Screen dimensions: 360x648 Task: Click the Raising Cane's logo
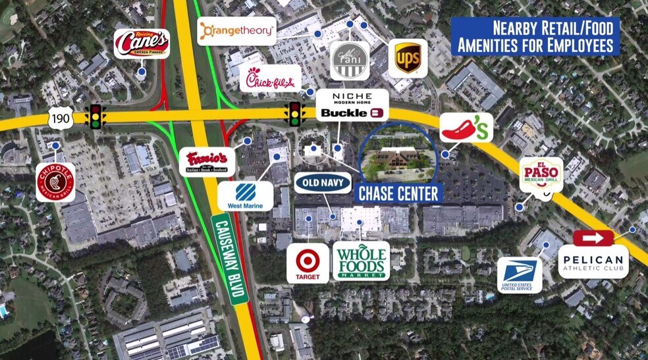142,43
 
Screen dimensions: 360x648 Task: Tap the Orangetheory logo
237,31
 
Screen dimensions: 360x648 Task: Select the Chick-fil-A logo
270,79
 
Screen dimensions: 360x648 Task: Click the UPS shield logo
408,59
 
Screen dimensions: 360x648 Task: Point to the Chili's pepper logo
466,127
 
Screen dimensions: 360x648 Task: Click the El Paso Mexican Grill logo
541,174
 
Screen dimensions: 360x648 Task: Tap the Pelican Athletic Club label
593,261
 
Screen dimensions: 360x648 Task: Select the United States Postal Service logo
520,274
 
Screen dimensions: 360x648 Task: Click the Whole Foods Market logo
361,261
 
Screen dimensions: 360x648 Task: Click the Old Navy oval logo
323,182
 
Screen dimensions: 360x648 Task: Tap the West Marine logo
245,196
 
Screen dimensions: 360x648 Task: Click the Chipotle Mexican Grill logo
55,182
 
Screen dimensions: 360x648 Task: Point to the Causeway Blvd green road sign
230,259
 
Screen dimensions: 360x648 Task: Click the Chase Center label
398,193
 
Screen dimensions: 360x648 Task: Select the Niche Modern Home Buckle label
352,105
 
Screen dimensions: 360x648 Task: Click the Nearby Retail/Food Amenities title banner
535,37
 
